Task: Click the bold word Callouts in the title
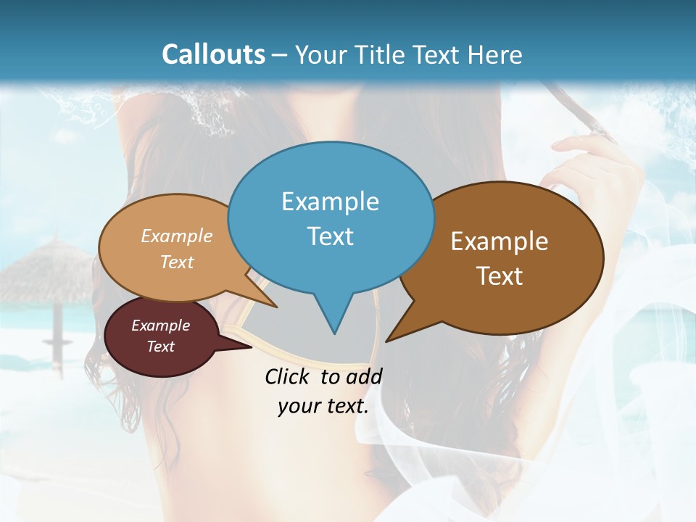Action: point(213,54)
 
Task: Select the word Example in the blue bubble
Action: point(330,202)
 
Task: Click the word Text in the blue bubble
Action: point(330,236)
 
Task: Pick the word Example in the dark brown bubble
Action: point(500,241)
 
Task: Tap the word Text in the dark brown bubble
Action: point(500,276)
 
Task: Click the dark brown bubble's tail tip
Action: point(387,340)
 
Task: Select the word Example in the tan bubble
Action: point(177,236)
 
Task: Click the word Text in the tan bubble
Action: point(177,262)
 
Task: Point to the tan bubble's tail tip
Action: point(276,307)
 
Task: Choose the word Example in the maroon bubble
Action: point(160,326)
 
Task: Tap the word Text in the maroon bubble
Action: point(160,347)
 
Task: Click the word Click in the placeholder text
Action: point(289,376)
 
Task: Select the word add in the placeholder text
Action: point(363,376)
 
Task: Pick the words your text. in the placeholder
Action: point(323,407)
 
